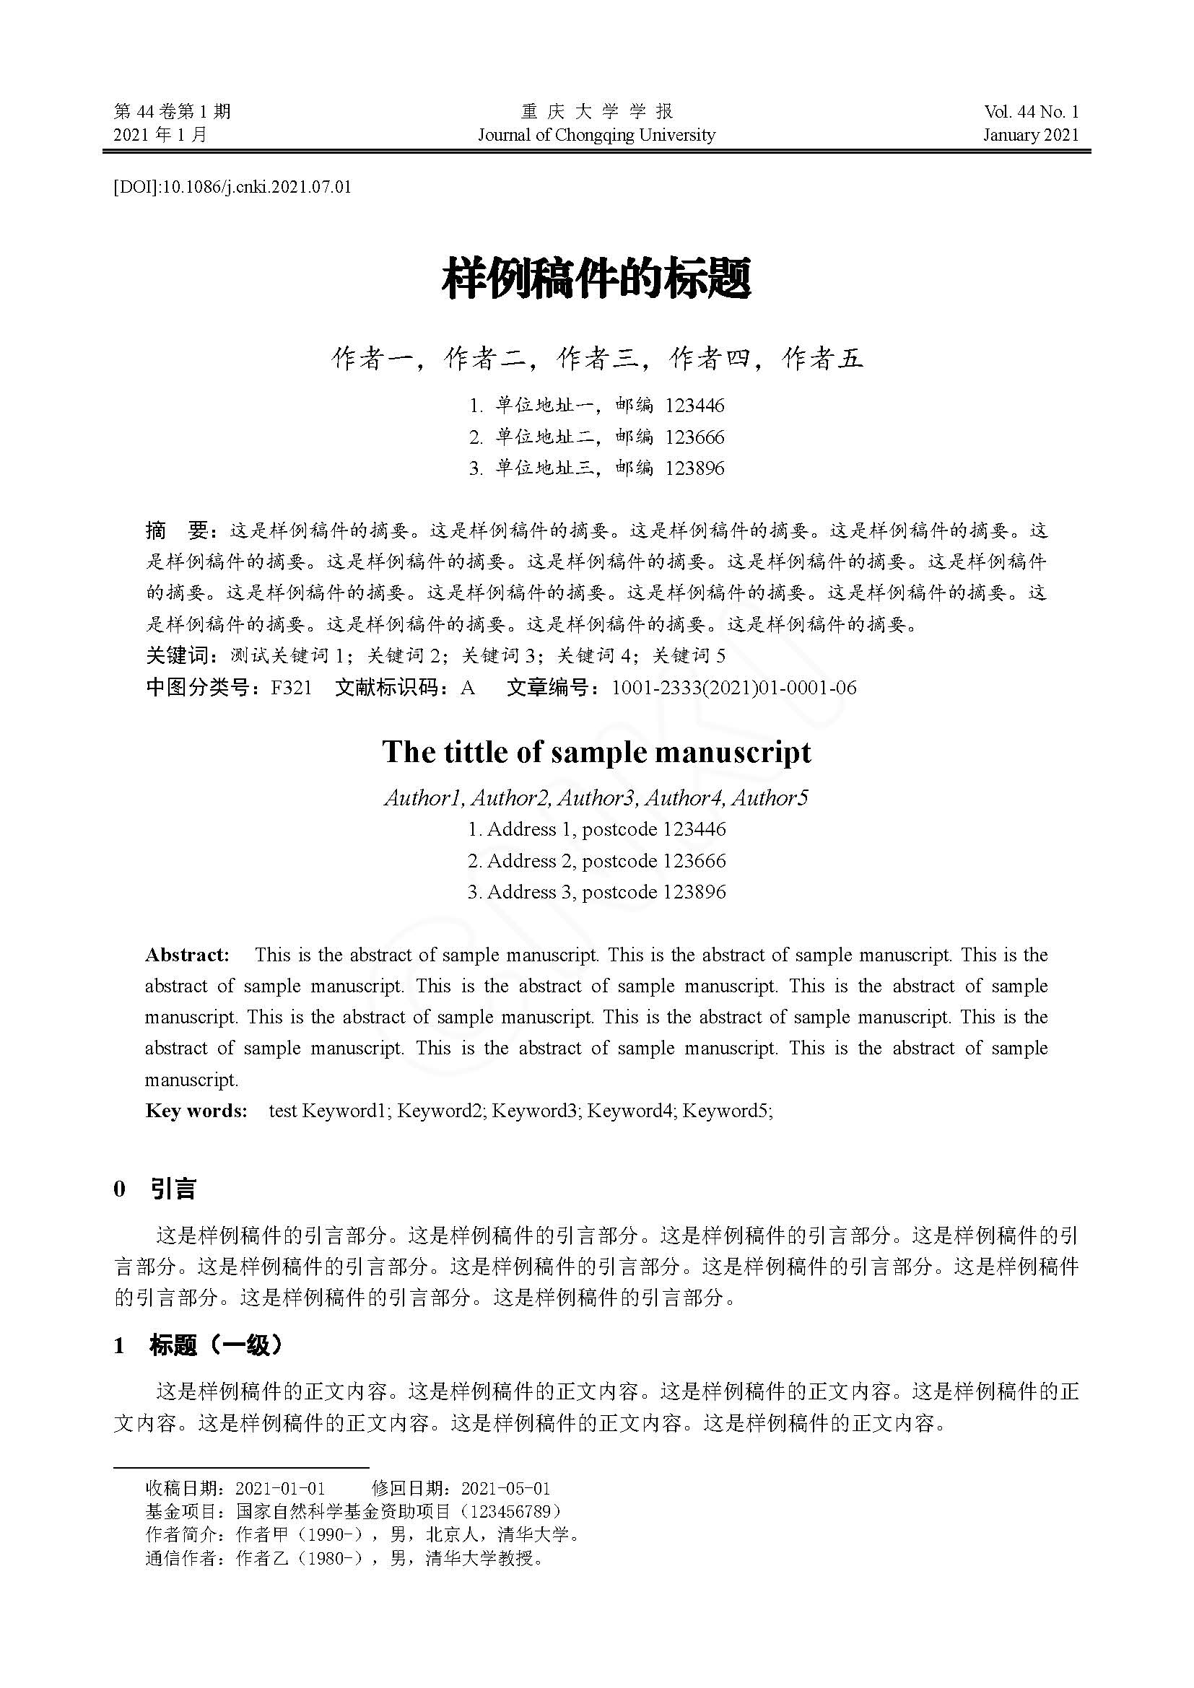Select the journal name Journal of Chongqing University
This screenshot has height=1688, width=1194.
tap(596, 134)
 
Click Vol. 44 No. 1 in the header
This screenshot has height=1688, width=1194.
tap(1031, 112)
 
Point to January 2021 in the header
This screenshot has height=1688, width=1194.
tap(1031, 134)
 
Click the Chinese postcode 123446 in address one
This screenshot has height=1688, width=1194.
tap(694, 405)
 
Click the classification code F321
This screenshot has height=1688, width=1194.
tap(291, 688)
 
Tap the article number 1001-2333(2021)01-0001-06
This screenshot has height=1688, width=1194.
tap(733, 688)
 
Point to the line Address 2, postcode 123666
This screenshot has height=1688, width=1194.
tap(596, 860)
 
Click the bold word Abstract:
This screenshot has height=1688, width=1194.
tap(188, 955)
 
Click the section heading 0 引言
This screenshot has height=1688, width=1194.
tap(155, 1189)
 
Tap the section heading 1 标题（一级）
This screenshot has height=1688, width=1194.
tap(199, 1345)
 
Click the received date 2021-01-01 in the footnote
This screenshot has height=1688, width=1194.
tap(280, 1489)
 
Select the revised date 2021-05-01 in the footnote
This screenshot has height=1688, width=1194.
tap(506, 1489)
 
